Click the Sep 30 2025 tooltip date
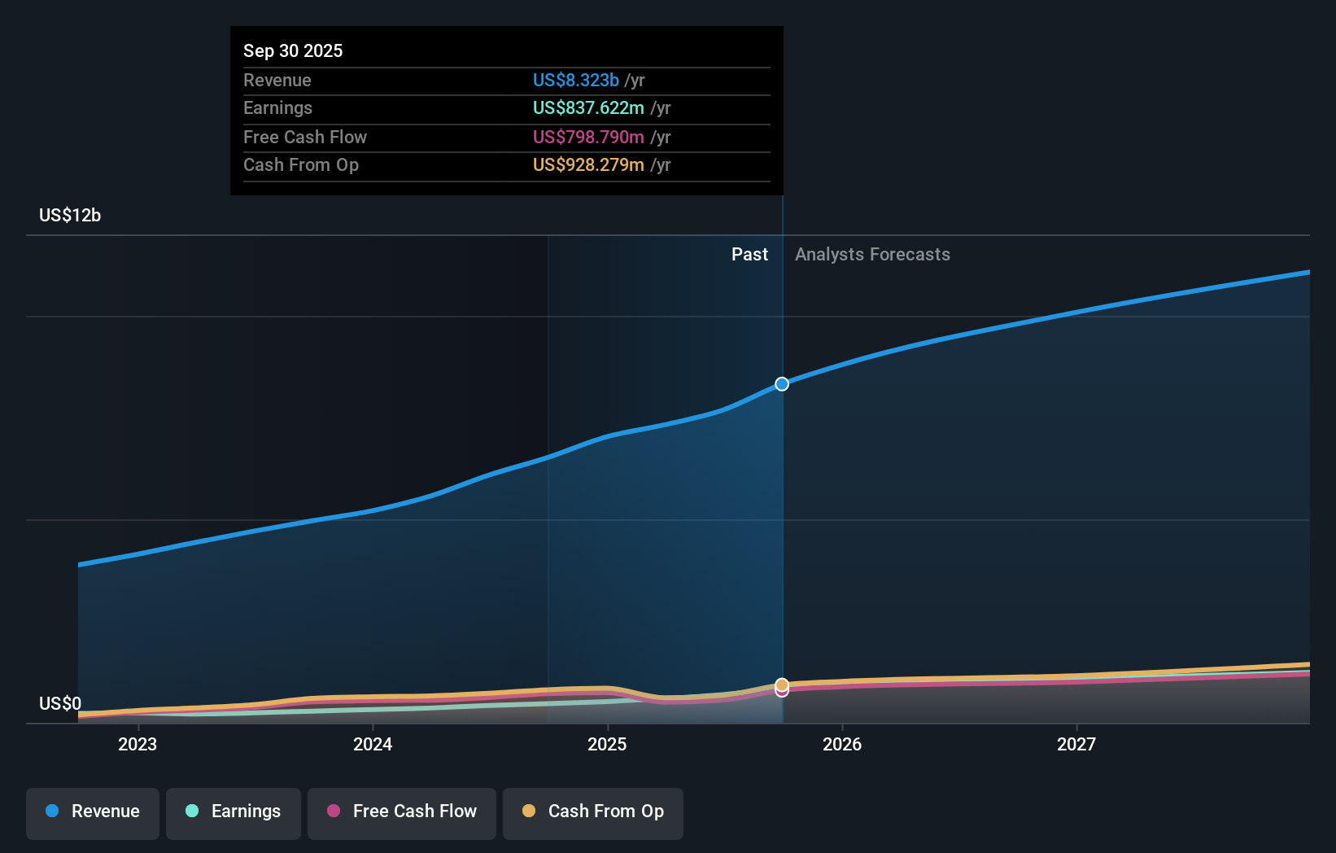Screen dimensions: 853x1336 coord(293,50)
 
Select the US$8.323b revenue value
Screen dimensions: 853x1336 coord(575,80)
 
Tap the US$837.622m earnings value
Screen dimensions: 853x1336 coord(587,107)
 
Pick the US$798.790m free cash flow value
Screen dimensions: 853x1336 coord(587,137)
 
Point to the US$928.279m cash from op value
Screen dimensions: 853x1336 coord(587,164)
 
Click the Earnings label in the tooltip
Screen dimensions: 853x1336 coord(277,107)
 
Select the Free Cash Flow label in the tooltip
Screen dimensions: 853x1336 coord(304,137)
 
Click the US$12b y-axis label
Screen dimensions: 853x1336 coord(70,215)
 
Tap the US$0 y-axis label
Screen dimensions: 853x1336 coord(59,703)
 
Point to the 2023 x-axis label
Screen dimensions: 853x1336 coord(138,744)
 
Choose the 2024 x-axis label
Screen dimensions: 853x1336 coord(373,744)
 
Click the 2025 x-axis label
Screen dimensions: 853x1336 coord(607,744)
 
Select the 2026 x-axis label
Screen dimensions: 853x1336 coord(842,744)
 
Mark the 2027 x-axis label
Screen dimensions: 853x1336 coord(1076,744)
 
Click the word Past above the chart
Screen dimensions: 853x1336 coord(749,254)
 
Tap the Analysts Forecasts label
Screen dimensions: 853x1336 coord(872,254)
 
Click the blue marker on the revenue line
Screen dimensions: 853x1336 coord(782,384)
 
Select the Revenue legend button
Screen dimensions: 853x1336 coord(93,811)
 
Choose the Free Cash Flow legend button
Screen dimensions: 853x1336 coord(402,811)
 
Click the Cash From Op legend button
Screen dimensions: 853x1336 coord(593,811)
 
